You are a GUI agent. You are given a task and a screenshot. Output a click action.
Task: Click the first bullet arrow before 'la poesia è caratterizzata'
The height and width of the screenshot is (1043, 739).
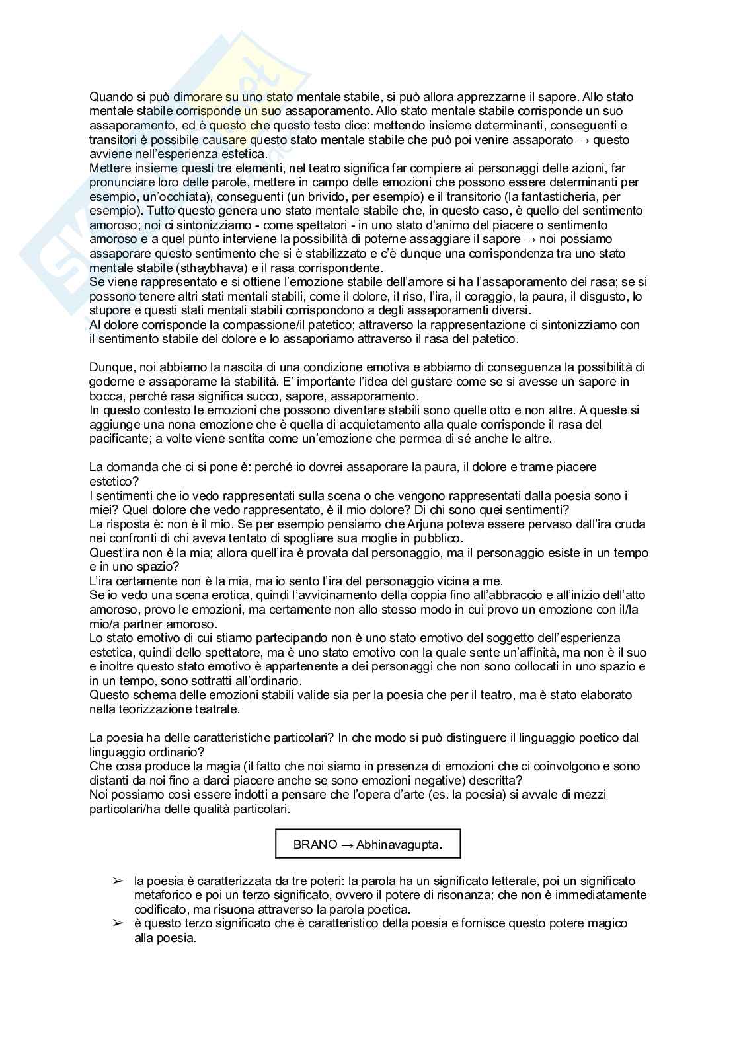118,881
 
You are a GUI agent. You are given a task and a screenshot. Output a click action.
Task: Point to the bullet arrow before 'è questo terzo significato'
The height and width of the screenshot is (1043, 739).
118,923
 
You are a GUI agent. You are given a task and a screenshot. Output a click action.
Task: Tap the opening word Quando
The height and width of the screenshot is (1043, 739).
110,97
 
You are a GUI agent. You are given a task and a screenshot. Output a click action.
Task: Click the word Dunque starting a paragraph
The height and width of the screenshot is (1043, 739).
110,367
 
